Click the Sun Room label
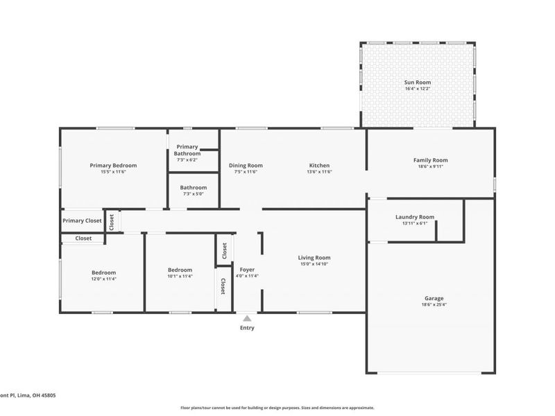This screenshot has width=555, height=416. click(418, 83)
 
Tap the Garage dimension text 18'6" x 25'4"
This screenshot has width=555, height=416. click(434, 305)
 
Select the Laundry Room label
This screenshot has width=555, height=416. click(415, 217)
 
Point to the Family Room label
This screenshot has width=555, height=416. click(431, 160)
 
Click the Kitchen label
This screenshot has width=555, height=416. click(319, 166)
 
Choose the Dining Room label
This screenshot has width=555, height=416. click(246, 166)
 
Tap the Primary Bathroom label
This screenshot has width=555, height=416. click(188, 150)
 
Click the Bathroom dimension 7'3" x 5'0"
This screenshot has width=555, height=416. click(194, 193)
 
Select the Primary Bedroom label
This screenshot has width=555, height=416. click(113, 166)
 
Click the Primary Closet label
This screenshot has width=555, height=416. click(82, 221)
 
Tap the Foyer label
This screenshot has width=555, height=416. click(247, 269)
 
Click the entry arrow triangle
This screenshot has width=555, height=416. click(247, 318)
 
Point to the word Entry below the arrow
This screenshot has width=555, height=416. click(247, 328)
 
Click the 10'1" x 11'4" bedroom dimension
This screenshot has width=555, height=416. click(180, 276)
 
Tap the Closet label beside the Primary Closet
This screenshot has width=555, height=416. click(111, 221)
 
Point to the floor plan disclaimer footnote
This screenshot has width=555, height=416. click(277, 408)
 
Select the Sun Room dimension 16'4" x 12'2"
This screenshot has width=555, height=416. click(418, 89)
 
